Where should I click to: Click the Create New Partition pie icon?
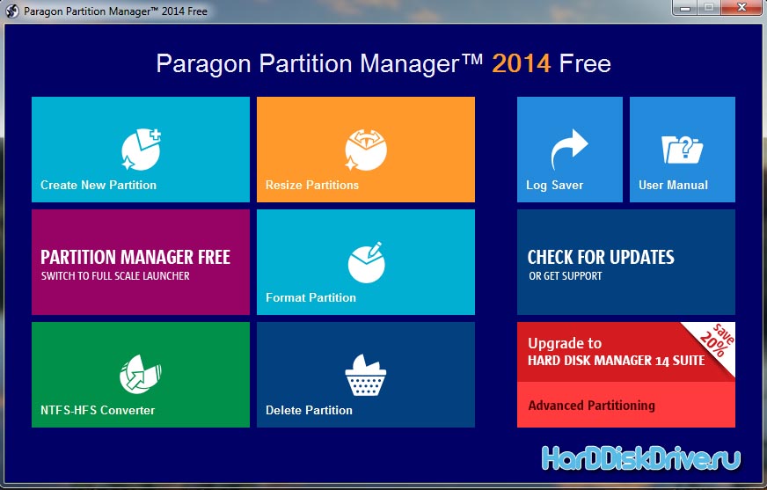(x=141, y=150)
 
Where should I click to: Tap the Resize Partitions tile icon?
(x=366, y=150)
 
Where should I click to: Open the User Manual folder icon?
(x=682, y=150)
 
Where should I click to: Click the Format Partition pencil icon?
(x=367, y=263)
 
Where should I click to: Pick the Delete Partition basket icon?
(x=365, y=375)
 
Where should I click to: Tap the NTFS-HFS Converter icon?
(x=141, y=375)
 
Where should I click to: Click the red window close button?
(x=742, y=7)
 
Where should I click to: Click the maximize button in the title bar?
(x=708, y=7)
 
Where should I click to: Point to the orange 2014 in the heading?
(x=522, y=63)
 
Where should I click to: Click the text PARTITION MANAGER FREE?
(x=135, y=257)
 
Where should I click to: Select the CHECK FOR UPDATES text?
(x=601, y=257)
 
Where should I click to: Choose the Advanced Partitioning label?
(x=591, y=406)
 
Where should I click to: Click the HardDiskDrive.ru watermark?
(x=641, y=458)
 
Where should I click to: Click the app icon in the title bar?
(x=12, y=11)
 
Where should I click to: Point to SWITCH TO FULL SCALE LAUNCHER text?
(x=115, y=276)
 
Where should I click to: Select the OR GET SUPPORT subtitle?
(x=566, y=276)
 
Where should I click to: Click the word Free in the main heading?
(x=585, y=63)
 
